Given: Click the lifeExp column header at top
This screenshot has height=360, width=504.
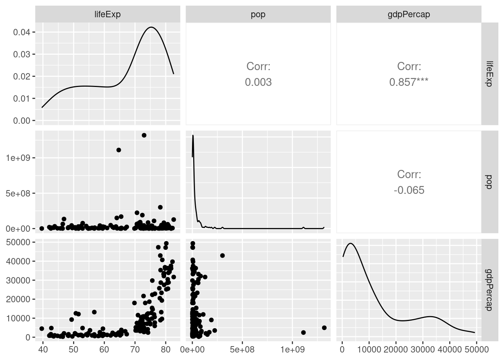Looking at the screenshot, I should coord(108,14).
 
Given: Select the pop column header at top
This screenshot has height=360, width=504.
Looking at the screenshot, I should coord(258,14).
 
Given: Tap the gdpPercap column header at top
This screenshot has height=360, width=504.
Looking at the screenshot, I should coord(409,14).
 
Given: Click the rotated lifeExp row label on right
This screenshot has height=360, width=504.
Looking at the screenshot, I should coord(489,74).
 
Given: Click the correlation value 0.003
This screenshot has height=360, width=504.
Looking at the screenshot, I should coord(258,82).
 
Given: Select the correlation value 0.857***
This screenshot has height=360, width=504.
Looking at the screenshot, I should coord(409,82).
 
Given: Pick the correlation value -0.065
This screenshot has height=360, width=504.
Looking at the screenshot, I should coord(409,190).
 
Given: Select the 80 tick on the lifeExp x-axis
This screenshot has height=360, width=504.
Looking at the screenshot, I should coord(166,349).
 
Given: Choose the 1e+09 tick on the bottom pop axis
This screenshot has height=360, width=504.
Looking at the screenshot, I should coord(292,349).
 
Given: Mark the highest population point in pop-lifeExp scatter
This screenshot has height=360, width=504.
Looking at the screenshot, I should coord(144,135).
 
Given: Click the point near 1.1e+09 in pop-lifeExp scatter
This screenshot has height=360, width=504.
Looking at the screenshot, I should coord(118,150).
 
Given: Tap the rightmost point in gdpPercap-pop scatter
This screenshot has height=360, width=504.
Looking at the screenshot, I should coord(324,328).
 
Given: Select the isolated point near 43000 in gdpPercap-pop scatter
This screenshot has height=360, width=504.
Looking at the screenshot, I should coord(222,255).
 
